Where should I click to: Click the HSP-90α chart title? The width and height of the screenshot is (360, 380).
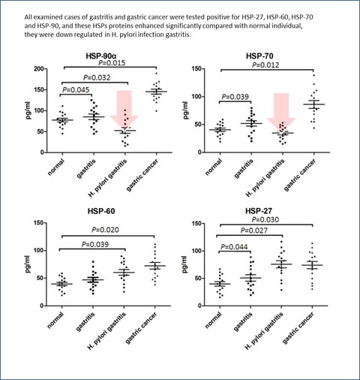[101, 56]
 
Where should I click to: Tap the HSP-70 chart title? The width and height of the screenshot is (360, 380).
[259, 56]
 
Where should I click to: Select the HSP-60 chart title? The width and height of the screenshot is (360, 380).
[101, 211]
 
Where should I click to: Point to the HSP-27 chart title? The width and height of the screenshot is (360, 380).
[259, 211]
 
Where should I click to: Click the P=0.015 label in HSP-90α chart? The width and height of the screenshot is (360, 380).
[112, 62]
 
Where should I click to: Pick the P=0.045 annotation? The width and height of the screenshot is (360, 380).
[76, 90]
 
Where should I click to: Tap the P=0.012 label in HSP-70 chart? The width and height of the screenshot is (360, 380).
[265, 65]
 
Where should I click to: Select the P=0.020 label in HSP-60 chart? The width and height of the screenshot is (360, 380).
[105, 230]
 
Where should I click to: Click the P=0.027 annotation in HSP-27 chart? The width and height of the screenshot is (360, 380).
[254, 231]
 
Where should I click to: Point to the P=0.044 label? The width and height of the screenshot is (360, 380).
[234, 247]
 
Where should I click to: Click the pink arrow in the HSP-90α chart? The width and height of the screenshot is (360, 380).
[124, 109]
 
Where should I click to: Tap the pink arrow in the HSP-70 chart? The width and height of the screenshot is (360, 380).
[281, 111]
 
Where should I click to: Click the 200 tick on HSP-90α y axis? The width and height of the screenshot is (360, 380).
[39, 69]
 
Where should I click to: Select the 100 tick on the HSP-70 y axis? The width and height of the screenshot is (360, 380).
[196, 97]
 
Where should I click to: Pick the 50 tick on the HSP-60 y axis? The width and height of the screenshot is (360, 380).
[40, 278]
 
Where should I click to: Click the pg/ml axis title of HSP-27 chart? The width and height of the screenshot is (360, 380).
[186, 264]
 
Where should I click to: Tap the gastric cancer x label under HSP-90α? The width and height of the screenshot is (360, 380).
[142, 175]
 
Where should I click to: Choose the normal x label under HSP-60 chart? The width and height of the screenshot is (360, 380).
[55, 321]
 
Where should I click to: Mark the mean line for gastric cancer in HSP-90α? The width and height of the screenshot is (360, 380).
[157, 92]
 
